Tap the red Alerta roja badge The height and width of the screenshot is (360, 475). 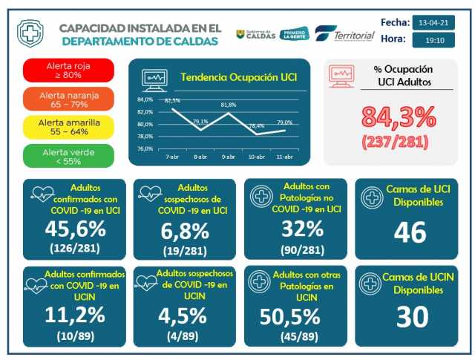[x=68, y=70]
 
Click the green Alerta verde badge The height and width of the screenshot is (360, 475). [x=68, y=154]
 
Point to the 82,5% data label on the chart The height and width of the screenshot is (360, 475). [x=172, y=100]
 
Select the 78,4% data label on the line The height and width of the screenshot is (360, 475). [x=257, y=126]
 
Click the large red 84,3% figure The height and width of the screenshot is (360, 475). [x=399, y=117]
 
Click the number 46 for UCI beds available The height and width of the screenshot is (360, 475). [x=409, y=232]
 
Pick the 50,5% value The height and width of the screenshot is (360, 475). [x=291, y=316]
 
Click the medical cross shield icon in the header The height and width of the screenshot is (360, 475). [x=30, y=33]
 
